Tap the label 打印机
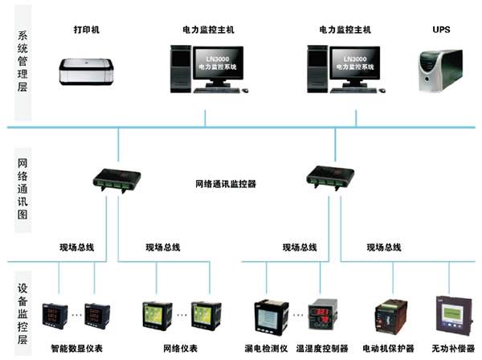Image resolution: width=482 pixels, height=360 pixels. click(x=87, y=30)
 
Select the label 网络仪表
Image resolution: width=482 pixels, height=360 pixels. click(x=180, y=349)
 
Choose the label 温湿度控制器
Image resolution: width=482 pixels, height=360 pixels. click(x=322, y=349)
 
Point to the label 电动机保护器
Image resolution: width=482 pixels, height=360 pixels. click(x=389, y=349)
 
